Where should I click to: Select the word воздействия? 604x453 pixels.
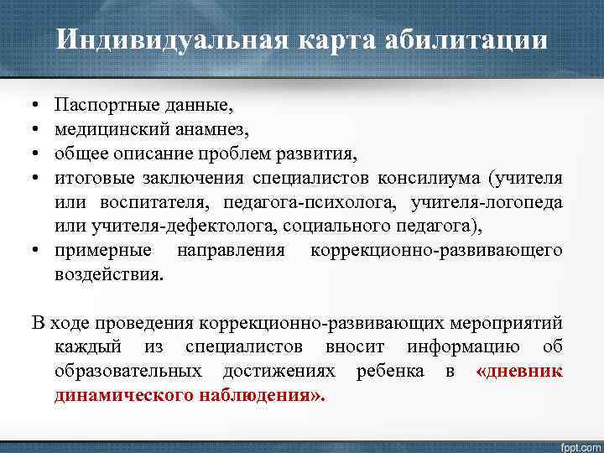[108, 274]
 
